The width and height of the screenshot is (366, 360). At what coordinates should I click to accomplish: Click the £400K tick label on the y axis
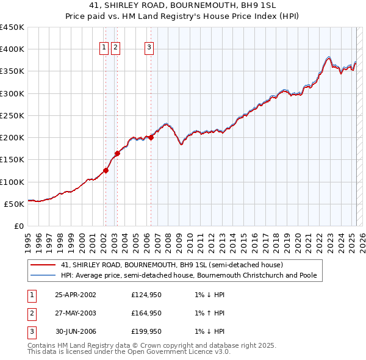click(x=12, y=49)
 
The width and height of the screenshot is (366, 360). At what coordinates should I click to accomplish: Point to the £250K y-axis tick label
click(x=12, y=115)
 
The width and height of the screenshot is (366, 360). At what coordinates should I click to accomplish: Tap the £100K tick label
click(x=12, y=182)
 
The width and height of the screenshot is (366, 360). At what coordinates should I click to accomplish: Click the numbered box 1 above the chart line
click(x=104, y=49)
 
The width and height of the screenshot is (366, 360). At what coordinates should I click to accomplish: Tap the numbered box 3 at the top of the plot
click(x=149, y=49)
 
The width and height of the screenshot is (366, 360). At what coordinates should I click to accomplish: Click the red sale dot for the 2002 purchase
click(x=106, y=171)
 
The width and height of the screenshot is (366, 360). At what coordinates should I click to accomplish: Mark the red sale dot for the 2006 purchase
click(x=151, y=137)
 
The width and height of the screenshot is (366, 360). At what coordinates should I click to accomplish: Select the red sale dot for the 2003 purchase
click(x=117, y=153)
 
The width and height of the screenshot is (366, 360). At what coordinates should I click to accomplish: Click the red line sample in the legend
click(x=43, y=265)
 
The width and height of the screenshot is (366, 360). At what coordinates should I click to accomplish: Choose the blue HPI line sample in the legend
click(x=43, y=275)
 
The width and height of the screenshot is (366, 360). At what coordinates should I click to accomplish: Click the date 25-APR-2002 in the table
click(x=75, y=295)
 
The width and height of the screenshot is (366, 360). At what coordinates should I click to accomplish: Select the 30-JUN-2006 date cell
click(x=75, y=331)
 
